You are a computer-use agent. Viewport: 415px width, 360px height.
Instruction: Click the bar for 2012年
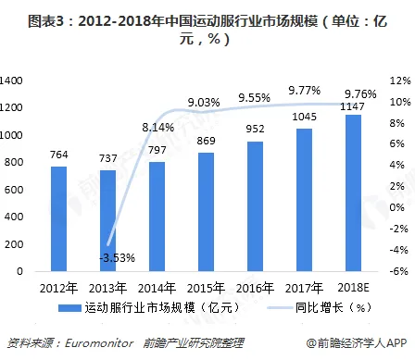58,219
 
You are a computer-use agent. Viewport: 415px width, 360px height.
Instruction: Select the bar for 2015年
206,212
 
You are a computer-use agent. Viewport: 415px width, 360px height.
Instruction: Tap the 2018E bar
353,193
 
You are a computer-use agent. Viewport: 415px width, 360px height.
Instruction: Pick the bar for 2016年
255,206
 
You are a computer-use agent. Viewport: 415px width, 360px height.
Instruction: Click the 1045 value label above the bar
304,117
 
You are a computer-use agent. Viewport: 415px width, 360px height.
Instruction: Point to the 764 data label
59,155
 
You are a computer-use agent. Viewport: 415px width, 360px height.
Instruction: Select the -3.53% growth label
117,257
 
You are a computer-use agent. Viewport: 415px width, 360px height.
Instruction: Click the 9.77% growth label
305,91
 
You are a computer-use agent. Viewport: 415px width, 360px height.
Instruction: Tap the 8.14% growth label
158,127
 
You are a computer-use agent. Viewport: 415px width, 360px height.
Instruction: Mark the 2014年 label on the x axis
157,288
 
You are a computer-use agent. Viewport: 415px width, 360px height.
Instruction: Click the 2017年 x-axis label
304,288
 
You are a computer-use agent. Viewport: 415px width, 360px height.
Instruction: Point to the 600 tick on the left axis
14,190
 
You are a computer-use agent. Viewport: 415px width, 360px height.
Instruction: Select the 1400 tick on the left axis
11,81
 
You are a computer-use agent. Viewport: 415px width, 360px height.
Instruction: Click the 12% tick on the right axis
400,81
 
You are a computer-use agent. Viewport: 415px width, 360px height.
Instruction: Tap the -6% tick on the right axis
398,271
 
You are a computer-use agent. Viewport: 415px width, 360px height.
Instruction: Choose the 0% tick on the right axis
397,207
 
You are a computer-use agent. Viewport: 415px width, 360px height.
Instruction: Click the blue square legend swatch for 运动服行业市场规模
69,308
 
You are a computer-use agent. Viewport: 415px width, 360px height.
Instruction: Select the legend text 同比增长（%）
333,307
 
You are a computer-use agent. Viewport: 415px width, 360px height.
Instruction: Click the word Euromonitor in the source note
99,343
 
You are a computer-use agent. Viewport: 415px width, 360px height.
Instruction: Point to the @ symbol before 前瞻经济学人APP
311,343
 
